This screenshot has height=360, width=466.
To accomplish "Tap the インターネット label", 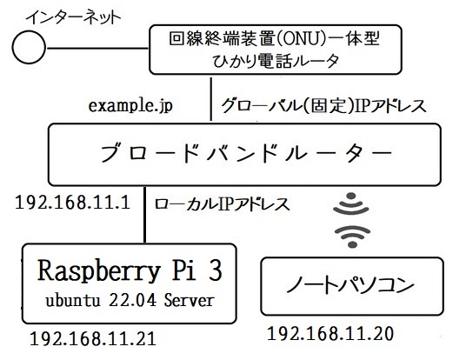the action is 74,17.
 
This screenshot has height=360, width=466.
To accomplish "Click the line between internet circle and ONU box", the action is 97,48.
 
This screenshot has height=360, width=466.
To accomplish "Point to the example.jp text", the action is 130,106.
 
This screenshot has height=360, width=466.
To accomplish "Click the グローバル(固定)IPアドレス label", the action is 324,106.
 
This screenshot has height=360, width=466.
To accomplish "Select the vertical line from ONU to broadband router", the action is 211,99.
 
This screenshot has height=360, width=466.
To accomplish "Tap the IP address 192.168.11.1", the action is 72,203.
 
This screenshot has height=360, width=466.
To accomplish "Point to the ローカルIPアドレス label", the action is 222,204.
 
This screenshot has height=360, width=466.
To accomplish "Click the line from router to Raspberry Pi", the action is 144,215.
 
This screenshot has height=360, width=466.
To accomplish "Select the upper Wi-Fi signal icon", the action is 351,203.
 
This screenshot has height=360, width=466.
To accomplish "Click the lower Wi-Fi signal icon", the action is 352,236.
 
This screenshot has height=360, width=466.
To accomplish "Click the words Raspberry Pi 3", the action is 130,270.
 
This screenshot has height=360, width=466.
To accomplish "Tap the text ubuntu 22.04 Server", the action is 130,300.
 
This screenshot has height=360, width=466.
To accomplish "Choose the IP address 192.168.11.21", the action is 93,338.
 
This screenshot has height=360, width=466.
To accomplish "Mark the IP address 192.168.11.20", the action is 330,334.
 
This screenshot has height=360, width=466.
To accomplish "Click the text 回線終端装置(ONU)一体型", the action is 275,38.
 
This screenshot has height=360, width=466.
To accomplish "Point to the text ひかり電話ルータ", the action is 276,61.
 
